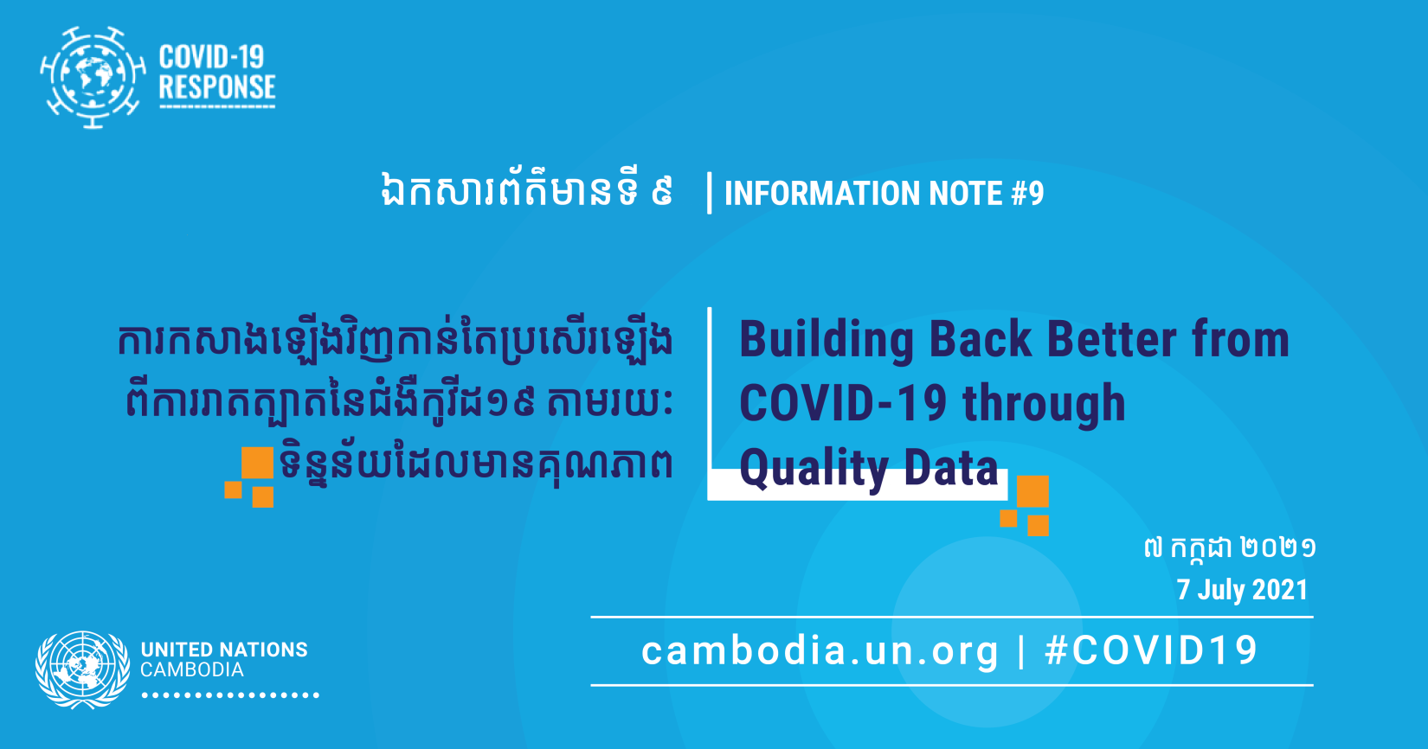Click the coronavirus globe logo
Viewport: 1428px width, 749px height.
coord(93,77)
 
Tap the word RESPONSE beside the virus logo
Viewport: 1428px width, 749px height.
coord(216,87)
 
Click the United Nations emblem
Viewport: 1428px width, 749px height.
coord(83,669)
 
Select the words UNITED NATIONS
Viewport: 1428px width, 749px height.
coord(224,650)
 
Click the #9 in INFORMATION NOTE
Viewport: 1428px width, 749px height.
coord(1027,194)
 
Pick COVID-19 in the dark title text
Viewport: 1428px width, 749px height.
coord(843,403)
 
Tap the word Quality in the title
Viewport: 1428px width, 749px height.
coord(814,470)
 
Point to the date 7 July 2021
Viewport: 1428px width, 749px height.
coord(1242,590)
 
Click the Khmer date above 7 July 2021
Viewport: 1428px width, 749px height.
coord(1230,548)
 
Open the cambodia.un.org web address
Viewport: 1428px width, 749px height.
coord(820,651)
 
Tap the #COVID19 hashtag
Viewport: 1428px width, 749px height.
coord(1151,651)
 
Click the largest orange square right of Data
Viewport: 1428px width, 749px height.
coord(1032,491)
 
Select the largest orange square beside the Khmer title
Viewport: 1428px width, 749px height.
coord(258,463)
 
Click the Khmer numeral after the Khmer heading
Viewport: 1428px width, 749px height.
coord(662,192)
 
